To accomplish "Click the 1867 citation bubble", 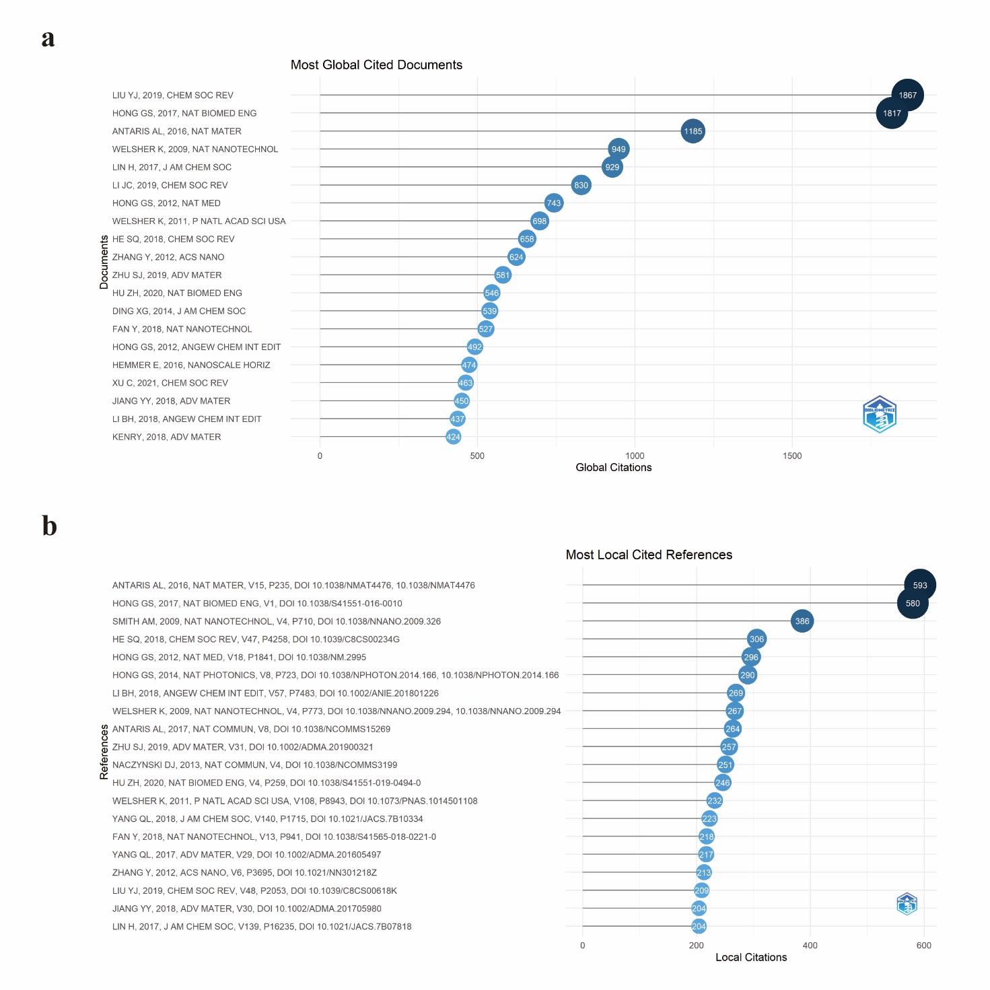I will click(x=907, y=96).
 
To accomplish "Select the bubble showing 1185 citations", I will click(x=693, y=131).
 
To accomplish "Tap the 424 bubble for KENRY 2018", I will click(x=454, y=437).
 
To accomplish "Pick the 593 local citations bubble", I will click(x=919, y=586).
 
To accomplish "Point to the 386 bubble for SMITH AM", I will click(x=802, y=621).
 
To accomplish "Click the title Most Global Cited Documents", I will click(x=376, y=65).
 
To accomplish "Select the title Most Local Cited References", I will click(x=649, y=555).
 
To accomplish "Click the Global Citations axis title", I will click(x=613, y=468).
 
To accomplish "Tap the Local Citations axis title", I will click(x=751, y=958).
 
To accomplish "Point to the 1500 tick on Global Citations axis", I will click(x=792, y=456).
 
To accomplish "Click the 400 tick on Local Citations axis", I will click(x=810, y=946).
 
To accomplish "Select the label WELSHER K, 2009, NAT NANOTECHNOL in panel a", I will click(x=195, y=149).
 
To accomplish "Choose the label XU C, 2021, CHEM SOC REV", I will click(x=170, y=383).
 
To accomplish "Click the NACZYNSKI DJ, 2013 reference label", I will click(x=254, y=765).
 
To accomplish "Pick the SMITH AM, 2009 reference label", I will click(x=277, y=622).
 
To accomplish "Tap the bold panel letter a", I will click(x=48, y=39).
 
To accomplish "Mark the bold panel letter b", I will click(x=49, y=526).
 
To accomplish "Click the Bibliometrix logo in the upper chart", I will click(x=880, y=415).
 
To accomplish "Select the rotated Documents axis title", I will click(x=104, y=262).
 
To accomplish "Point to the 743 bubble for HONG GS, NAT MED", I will click(x=553, y=203).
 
